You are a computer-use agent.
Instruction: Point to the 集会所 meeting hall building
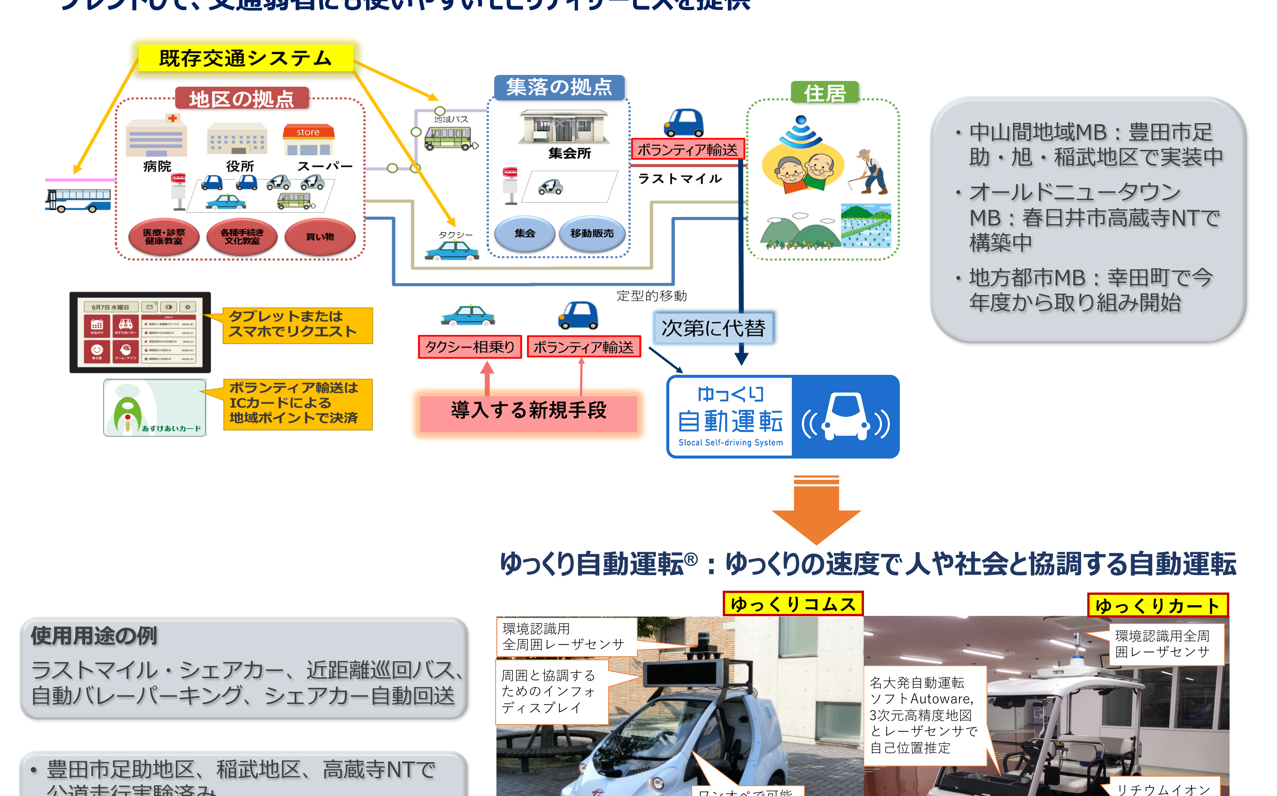(564, 127)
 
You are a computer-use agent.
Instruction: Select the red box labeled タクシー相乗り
(470, 347)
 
